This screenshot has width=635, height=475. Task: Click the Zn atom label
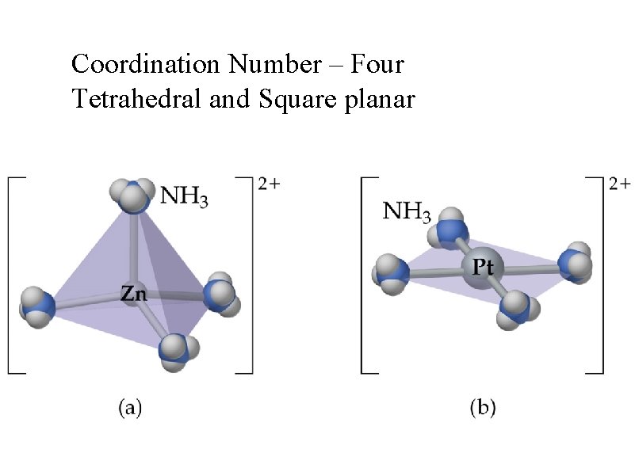pyautogui.click(x=133, y=294)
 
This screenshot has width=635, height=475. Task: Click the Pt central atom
pyautogui.click(x=479, y=268)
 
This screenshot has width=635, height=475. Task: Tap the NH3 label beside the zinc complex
pyautogui.click(x=186, y=195)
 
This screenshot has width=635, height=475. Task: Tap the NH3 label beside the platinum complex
pyautogui.click(x=407, y=211)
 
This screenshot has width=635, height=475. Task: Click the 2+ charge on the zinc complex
pyautogui.click(x=268, y=184)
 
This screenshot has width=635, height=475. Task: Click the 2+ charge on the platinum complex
pyautogui.click(x=620, y=184)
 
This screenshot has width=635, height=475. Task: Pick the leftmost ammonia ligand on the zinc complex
pyautogui.click(x=37, y=305)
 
